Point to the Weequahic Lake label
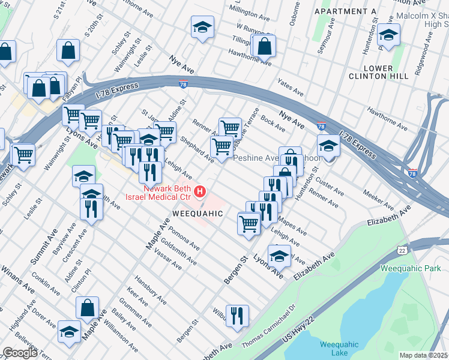339,348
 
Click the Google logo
20,353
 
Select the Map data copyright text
423,355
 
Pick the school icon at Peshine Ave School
328,146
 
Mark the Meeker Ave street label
378,196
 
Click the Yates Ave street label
290,88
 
